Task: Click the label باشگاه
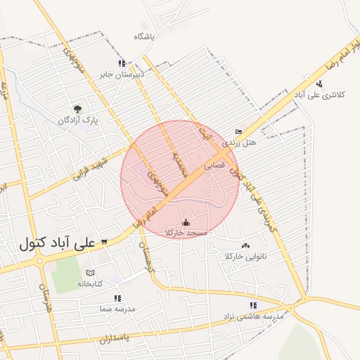[x=142, y=35]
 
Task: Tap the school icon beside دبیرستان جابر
[x=122, y=63]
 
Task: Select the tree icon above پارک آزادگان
[x=78, y=109]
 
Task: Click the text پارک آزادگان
[x=78, y=121]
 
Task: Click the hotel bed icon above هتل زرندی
[x=238, y=131]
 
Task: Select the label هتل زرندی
[x=240, y=143]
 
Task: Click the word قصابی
[x=214, y=167]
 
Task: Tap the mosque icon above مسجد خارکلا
[x=186, y=222]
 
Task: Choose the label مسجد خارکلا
[x=186, y=232]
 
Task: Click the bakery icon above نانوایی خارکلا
[x=245, y=245]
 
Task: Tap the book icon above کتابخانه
[x=89, y=272]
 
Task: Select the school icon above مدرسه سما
[x=117, y=298]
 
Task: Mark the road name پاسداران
[x=114, y=338]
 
